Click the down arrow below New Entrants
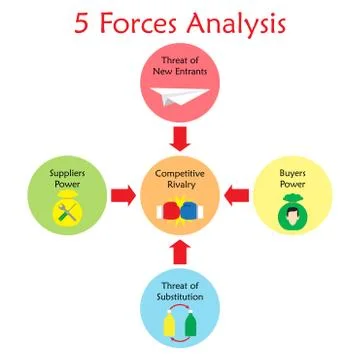click(x=180, y=135)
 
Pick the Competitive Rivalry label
click(x=180, y=179)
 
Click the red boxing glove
click(x=171, y=213)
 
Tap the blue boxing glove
click(x=190, y=213)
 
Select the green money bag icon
click(x=291, y=212)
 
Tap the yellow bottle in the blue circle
click(x=170, y=324)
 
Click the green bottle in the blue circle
click(x=191, y=324)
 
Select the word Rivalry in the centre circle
click(x=180, y=185)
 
